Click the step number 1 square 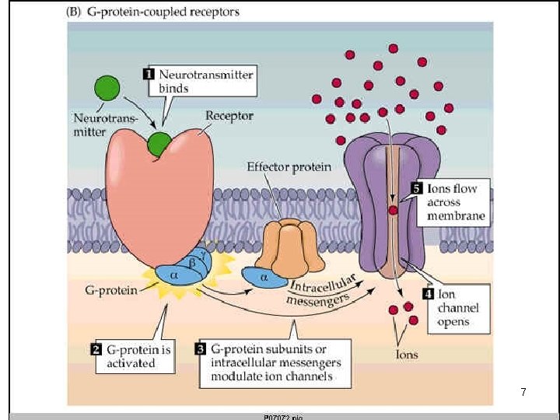pyautogui.click(x=149, y=75)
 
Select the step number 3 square pyautogui.click(x=200, y=348)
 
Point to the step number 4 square pyautogui.click(x=428, y=294)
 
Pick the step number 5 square pyautogui.click(x=416, y=187)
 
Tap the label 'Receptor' pyautogui.click(x=229, y=116)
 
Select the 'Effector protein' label pyautogui.click(x=289, y=166)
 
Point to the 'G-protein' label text pyautogui.click(x=111, y=291)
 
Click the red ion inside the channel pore pyautogui.click(x=394, y=211)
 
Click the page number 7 pyautogui.click(x=523, y=393)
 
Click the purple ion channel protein pyautogui.click(x=373, y=202)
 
